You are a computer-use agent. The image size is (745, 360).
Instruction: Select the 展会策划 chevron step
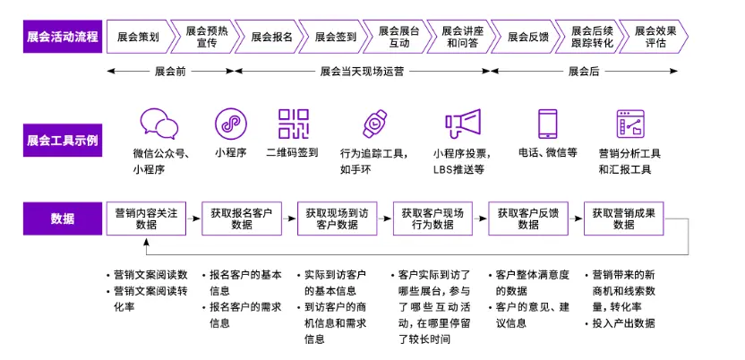click(138, 37)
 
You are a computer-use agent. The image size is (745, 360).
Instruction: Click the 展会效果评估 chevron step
click(655, 37)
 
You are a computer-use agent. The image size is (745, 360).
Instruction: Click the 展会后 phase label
click(584, 70)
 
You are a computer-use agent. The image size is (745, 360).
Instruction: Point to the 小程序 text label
click(231, 152)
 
